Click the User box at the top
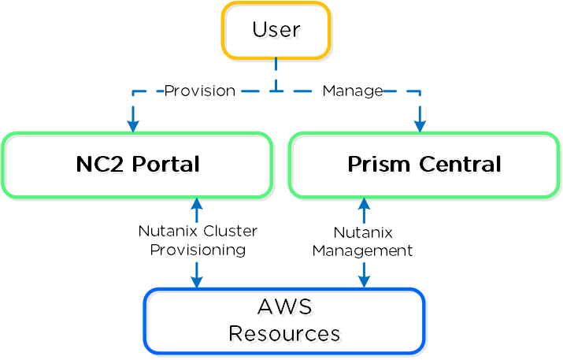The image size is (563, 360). pyautogui.click(x=276, y=31)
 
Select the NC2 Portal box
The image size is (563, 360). pyautogui.click(x=137, y=165)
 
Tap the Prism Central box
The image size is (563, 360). pyautogui.click(x=424, y=165)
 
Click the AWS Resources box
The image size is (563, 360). pyautogui.click(x=284, y=321)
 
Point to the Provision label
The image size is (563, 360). pyautogui.click(x=199, y=91)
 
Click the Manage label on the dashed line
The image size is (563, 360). pyautogui.click(x=352, y=91)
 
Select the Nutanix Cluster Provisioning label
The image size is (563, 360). pyautogui.click(x=198, y=240)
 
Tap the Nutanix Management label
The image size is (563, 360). pyautogui.click(x=362, y=242)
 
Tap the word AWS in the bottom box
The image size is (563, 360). pyautogui.click(x=284, y=307)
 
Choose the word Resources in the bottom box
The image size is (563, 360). pyautogui.click(x=284, y=334)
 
